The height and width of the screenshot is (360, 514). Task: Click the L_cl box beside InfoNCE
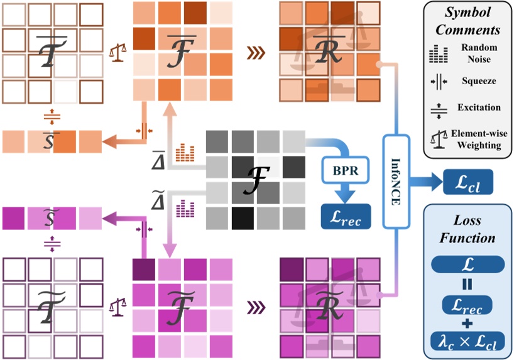click(x=468, y=183)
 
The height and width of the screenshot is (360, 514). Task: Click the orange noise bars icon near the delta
click(x=184, y=151)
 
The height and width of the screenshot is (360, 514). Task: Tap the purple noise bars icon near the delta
click(x=184, y=207)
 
